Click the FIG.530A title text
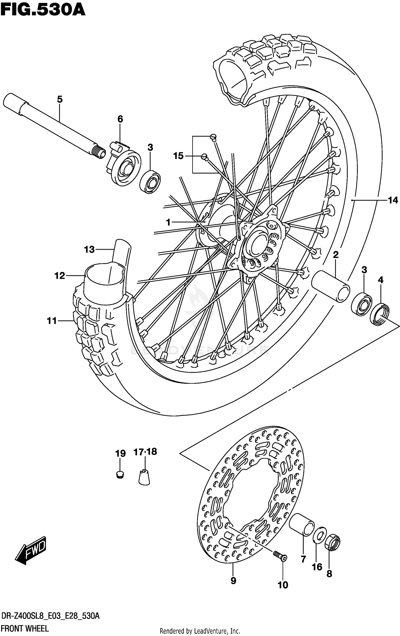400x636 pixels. tap(43, 10)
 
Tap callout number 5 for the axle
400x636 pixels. tap(60, 100)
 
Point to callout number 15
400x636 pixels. tap(178, 156)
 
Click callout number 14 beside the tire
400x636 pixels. tap(393, 200)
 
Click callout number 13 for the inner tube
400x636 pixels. tap(89, 250)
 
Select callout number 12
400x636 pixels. tap(60, 276)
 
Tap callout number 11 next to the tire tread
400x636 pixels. tap(52, 321)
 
